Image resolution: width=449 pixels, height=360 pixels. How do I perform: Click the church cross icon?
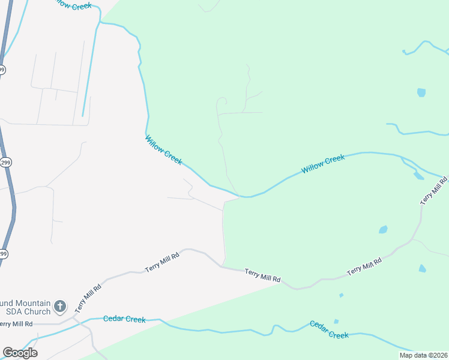pyautogui.click(x=60, y=307)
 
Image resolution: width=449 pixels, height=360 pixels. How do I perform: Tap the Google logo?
pyautogui.click(x=20, y=353)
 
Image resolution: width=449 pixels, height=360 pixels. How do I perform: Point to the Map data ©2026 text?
pyautogui.click(x=423, y=355)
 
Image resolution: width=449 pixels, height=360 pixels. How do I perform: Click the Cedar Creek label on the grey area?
pyautogui.click(x=124, y=319)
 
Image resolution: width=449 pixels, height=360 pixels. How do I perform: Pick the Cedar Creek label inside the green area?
pyautogui.click(x=329, y=329)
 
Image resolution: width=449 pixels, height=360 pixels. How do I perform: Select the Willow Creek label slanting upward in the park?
pyautogui.click(x=323, y=164)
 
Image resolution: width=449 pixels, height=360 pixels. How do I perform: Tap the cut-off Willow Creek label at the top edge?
pyautogui.click(x=71, y=4)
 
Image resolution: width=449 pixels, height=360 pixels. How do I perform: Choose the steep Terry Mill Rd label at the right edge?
pyautogui.click(x=435, y=191)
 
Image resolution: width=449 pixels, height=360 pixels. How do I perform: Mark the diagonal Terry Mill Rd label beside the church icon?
pyautogui.click(x=88, y=298)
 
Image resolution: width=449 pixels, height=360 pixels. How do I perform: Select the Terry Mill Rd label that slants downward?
pyautogui.click(x=262, y=275)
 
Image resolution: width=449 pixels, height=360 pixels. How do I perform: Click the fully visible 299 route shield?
pyautogui.click(x=5, y=163)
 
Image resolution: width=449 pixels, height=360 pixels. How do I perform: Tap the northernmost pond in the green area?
pyautogui.click(x=421, y=92)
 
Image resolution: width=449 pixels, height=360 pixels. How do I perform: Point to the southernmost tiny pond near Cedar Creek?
pyautogui.click(x=336, y=322)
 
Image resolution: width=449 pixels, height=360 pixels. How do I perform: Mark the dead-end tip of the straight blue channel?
pyautogui.click(x=83, y=115)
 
